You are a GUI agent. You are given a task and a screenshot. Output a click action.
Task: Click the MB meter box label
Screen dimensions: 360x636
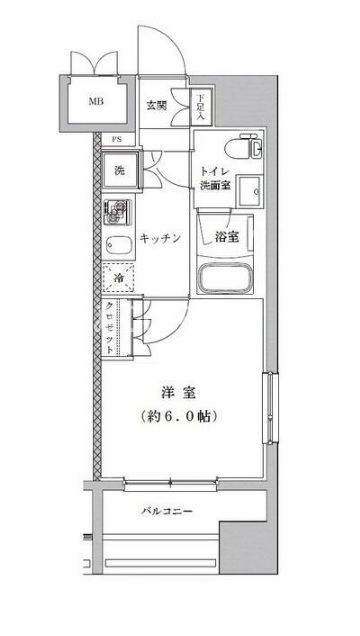[x=96, y=101]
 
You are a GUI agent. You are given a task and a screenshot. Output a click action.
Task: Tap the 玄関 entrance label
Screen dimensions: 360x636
[x=156, y=106]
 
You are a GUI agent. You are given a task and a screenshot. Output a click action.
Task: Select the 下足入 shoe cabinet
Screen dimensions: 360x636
[x=201, y=107]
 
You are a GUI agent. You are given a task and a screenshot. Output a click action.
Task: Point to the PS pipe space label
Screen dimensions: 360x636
[x=117, y=140]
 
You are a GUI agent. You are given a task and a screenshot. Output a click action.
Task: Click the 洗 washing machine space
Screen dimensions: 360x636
[x=119, y=170]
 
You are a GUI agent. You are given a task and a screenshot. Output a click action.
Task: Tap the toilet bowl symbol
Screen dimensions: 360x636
[x=245, y=147]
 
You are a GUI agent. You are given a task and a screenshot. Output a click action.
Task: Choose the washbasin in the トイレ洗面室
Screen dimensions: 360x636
[x=249, y=191]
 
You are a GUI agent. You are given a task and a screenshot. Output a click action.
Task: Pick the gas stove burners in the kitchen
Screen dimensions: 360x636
[x=117, y=211]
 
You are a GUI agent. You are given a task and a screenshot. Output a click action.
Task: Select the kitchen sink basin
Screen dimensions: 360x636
[x=119, y=245]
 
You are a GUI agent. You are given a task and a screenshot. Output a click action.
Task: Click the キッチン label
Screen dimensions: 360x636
[x=159, y=238]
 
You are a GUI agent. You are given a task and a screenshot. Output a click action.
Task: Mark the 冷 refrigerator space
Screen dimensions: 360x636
[x=118, y=278]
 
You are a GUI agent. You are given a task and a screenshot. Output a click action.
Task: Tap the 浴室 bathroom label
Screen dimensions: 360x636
[x=227, y=237]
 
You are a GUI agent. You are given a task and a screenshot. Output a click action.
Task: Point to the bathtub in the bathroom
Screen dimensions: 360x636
[x=225, y=278]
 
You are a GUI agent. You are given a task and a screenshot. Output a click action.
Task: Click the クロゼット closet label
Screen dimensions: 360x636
[x=109, y=328]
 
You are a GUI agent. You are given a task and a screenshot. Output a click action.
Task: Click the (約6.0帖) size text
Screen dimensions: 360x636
[x=178, y=415]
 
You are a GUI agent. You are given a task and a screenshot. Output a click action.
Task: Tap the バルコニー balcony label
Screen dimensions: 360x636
[x=167, y=511]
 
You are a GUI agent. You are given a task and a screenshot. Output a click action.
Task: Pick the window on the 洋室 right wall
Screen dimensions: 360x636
[x=270, y=407]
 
